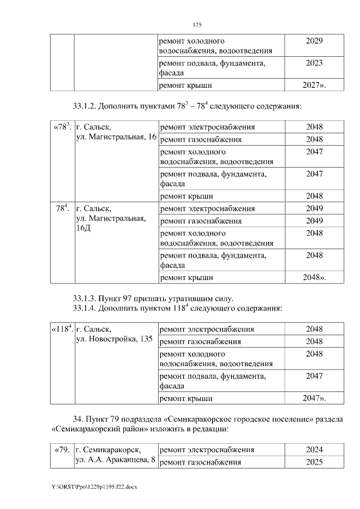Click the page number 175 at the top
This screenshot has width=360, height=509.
196,25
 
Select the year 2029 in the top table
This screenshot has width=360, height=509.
314,42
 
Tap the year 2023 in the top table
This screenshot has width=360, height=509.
314,64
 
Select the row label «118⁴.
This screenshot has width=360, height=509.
62,329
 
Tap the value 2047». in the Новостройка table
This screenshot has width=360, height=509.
314,398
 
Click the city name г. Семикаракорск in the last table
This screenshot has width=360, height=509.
107,450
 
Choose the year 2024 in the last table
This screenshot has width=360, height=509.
314,450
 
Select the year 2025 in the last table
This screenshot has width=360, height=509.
314,462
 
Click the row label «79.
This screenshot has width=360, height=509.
61,450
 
